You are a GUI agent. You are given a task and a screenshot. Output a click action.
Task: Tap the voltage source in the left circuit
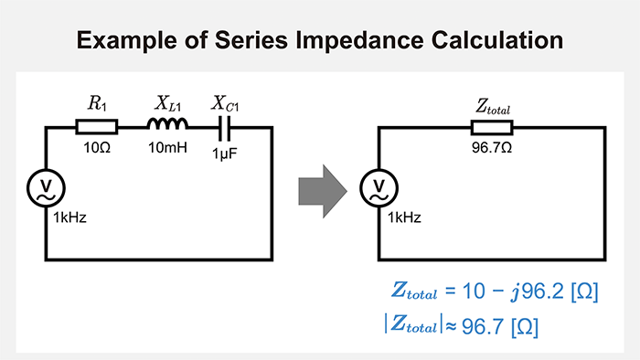click(46, 190)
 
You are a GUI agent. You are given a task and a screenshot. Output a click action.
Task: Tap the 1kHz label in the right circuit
click(403, 217)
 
